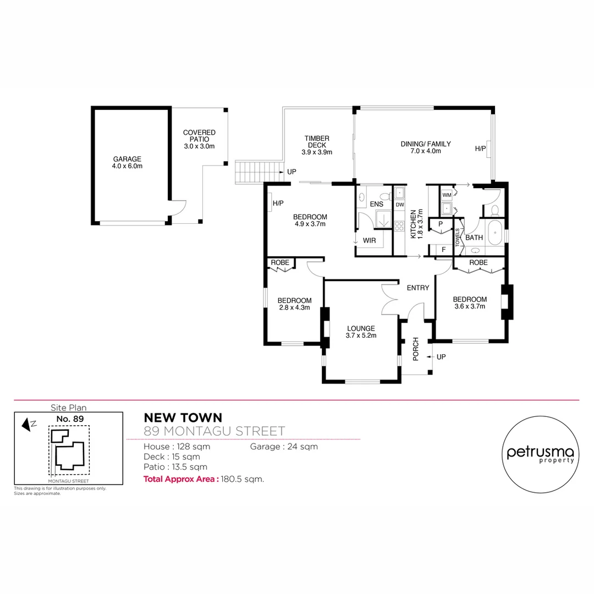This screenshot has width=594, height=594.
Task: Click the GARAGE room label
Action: point(128,159)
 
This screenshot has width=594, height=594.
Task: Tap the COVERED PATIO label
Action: point(199,133)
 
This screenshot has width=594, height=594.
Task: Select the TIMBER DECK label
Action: point(317,139)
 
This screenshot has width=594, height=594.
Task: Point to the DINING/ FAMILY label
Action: point(425,144)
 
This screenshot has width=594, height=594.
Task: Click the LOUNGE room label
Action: point(361,328)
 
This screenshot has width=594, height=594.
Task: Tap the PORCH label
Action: point(416,349)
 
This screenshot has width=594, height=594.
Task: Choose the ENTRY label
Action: point(417,288)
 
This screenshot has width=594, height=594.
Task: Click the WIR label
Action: point(369,240)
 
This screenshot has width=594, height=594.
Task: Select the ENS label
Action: point(377,205)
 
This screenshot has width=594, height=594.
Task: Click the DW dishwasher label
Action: point(400,205)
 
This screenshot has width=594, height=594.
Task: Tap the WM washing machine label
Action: point(447,195)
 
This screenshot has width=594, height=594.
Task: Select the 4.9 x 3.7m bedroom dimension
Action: point(310,224)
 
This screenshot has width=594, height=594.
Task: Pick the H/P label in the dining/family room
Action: point(480,148)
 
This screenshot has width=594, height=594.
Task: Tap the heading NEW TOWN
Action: point(175,418)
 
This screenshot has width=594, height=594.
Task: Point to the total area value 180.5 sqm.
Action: point(243,479)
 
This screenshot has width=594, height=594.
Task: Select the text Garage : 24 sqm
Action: point(284,447)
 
